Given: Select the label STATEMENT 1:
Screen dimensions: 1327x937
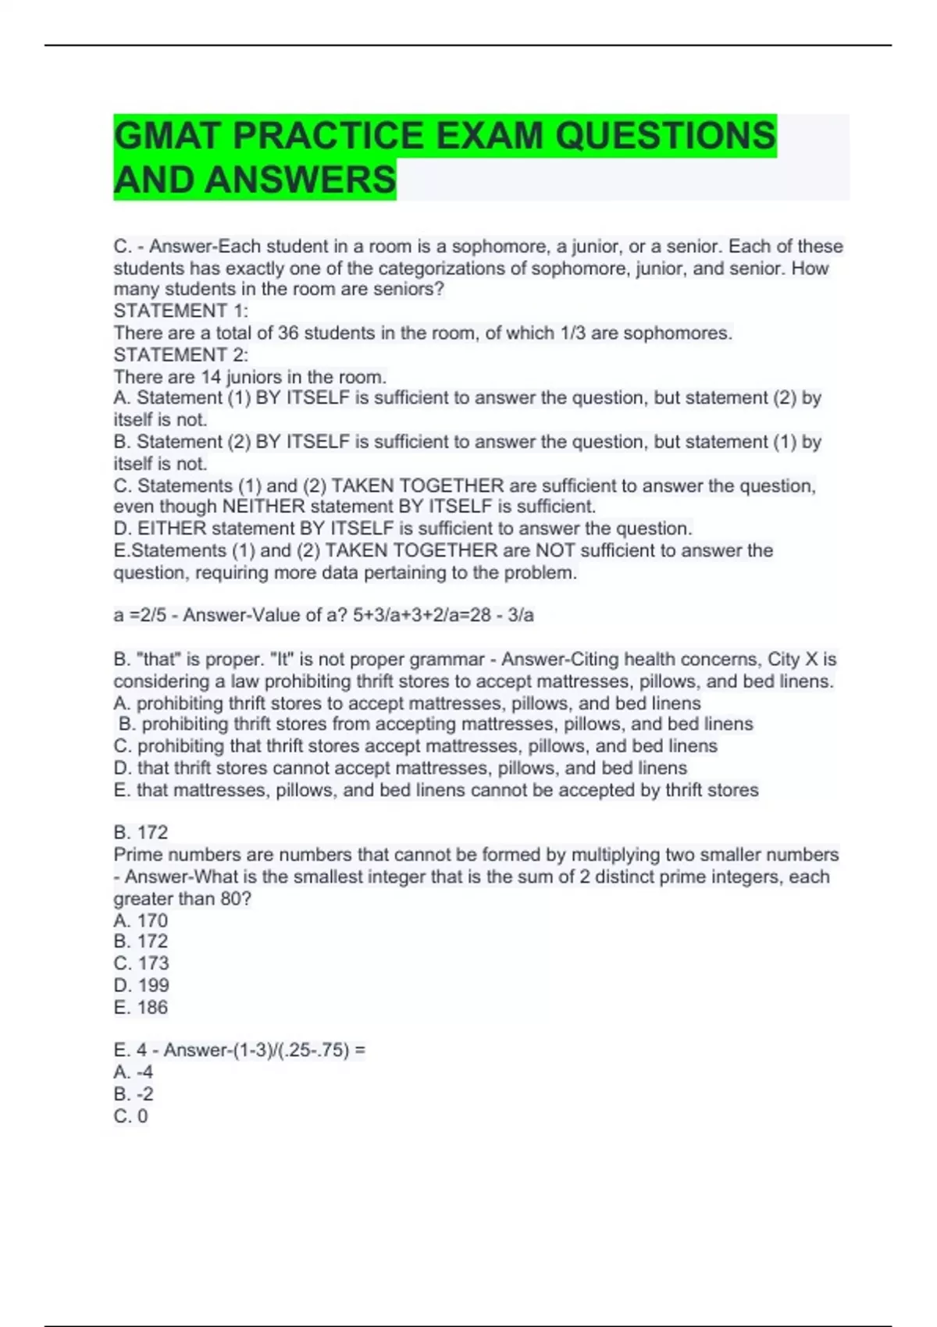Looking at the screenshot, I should click(x=181, y=311).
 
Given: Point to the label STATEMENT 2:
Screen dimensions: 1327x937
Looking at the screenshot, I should click(x=181, y=355).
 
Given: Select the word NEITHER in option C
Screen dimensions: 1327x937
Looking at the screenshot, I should click(x=263, y=507).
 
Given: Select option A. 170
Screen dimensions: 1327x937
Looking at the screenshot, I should click(x=141, y=920).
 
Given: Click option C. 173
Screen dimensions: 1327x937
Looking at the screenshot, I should click(x=141, y=963).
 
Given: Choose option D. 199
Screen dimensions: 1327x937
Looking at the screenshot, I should click(x=141, y=985).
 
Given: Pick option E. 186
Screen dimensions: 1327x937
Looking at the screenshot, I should click(x=141, y=1008).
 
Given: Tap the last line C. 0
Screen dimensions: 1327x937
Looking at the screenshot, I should click(x=130, y=1116).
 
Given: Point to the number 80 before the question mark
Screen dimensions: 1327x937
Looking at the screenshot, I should click(x=231, y=898).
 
